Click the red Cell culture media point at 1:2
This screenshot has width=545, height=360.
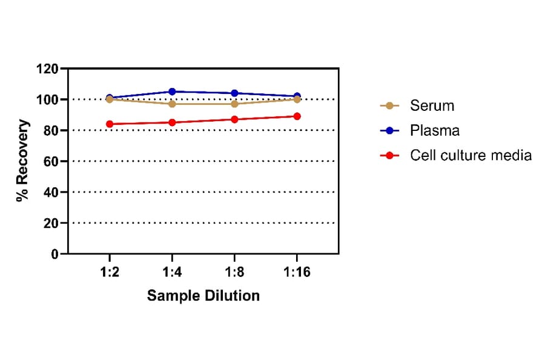coord(110,124)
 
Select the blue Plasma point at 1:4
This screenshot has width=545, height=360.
coord(172,92)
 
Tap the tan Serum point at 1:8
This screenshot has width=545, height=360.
coord(234,104)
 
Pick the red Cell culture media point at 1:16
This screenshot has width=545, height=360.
coord(297,116)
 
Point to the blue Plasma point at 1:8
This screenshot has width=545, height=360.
coord(234,93)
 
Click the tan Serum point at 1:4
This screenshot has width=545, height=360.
coord(172,104)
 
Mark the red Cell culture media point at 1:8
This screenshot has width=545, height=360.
coord(234,119)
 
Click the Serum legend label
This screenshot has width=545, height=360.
coord(432,105)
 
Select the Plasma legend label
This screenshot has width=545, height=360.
coord(434,130)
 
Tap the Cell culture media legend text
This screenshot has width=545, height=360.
coord(471,155)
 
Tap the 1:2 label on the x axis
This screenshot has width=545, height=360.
coord(110,272)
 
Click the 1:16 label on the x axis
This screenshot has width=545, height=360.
coord(297,272)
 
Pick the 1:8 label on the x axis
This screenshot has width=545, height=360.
coord(234,272)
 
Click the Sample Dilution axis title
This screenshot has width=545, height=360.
coord(203,296)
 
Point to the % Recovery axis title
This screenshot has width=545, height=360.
coord(23,161)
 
